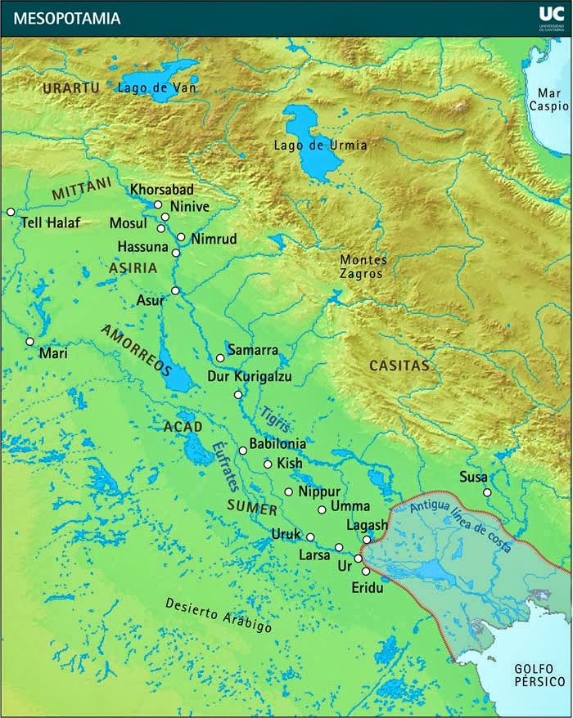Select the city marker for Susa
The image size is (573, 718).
(487, 492)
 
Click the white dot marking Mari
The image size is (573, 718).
(29, 342)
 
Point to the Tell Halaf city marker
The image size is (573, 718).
(11, 212)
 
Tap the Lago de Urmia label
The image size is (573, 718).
(320, 146)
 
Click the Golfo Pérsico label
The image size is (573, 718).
(540, 675)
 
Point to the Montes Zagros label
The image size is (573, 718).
(363, 267)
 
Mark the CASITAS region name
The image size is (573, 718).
(399, 366)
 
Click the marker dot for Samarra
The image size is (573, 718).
(220, 358)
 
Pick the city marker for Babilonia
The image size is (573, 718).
(242, 451)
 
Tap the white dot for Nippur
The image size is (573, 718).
(288, 491)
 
